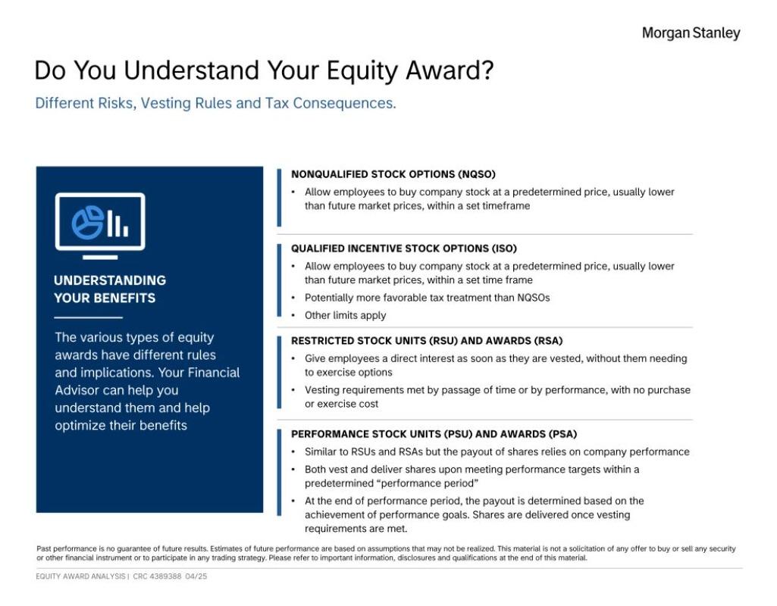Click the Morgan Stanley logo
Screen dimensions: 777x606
[691, 33]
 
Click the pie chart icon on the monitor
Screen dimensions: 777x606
[88, 222]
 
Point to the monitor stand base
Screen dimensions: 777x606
[100, 257]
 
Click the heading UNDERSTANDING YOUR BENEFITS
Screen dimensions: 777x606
[110, 289]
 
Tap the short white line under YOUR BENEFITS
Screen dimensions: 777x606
[88, 317]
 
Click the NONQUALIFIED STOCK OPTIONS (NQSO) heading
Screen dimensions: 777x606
[393, 174]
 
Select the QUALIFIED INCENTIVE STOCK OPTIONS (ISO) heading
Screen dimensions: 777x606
[404, 248]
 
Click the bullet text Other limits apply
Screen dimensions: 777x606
[346, 315]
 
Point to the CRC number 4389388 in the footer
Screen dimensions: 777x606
[165, 576]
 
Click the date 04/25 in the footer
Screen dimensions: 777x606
[196, 576]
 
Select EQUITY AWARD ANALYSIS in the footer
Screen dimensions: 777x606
[80, 576]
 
